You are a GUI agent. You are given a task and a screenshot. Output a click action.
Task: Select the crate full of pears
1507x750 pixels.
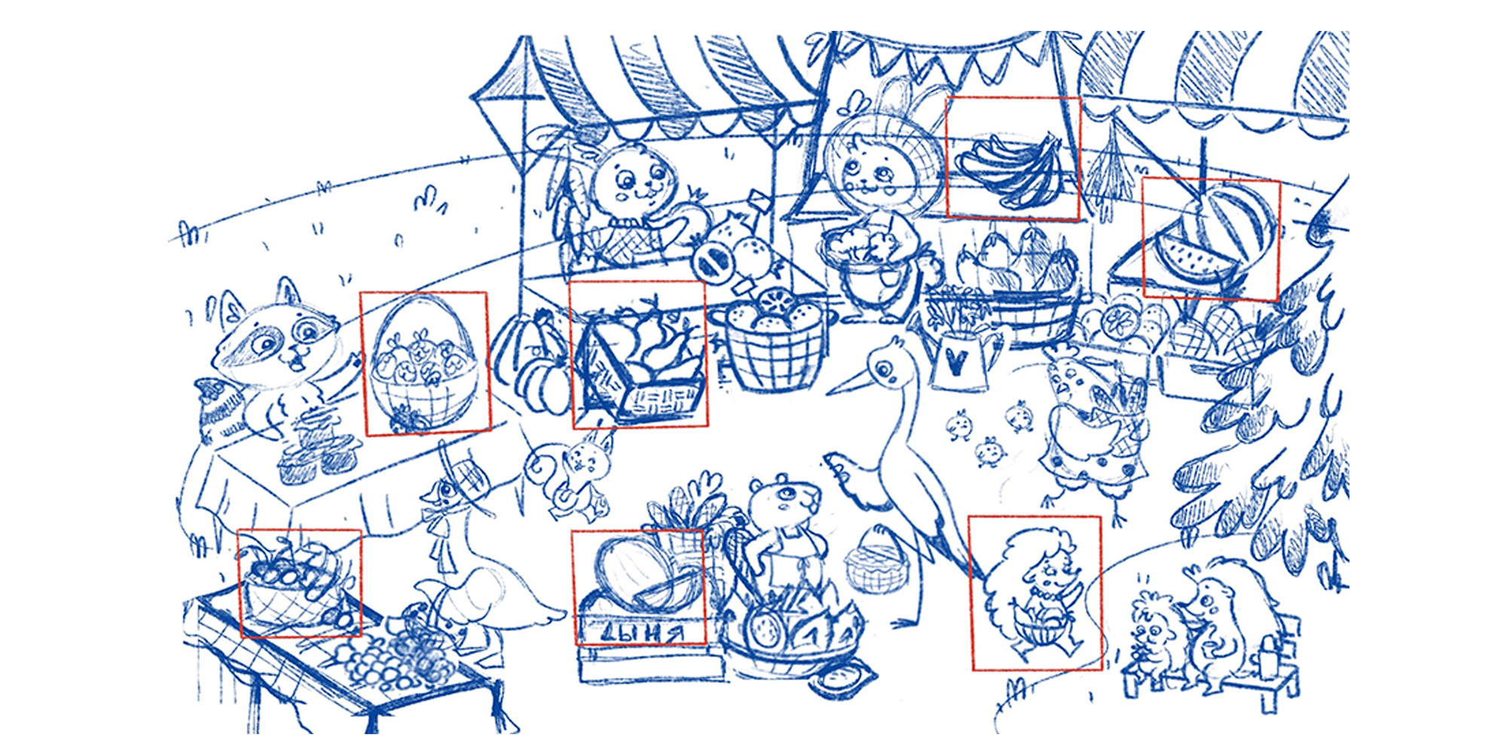[640, 361]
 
